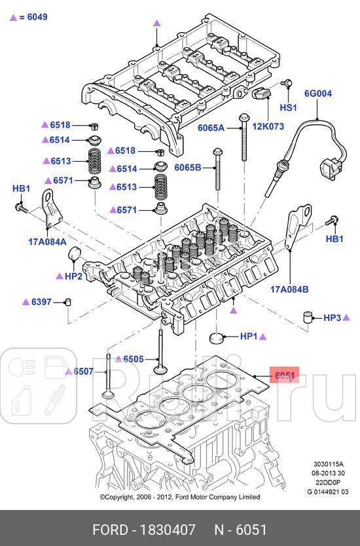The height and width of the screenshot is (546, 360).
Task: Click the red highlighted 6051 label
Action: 285,376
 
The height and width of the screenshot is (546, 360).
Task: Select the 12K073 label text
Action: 268,126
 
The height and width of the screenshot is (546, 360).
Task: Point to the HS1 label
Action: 288,107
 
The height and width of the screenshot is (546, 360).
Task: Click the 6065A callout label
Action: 211,128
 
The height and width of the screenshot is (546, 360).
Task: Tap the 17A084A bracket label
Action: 47,241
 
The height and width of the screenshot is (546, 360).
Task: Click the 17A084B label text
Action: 289,289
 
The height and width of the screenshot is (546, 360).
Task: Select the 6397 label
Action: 41,302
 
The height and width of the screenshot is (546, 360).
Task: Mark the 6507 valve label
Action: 83,372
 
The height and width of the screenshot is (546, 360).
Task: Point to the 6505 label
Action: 133,359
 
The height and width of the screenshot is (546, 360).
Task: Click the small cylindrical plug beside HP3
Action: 310,319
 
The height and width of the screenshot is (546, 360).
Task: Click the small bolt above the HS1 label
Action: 286,83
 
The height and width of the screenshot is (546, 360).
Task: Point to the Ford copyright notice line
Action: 179,497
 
